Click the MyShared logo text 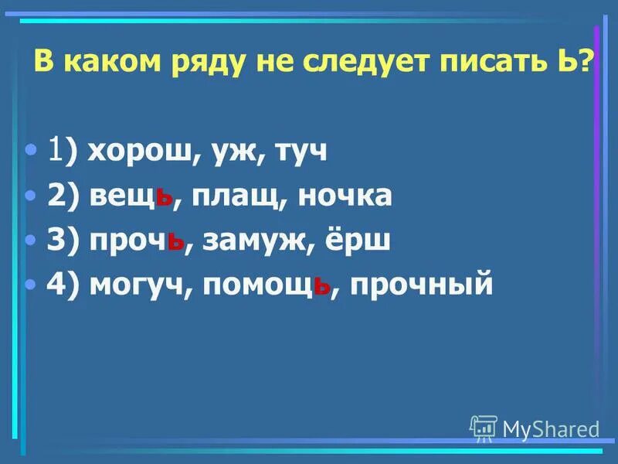pos(550,428)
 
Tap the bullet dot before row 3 pos(31,241)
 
